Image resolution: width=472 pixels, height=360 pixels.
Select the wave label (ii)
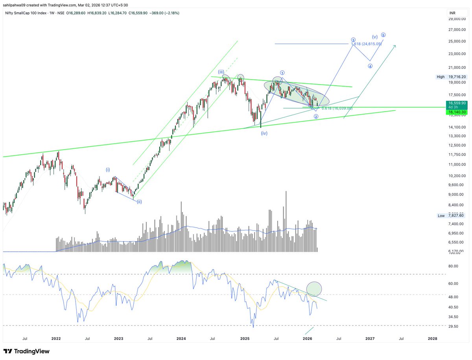pos(139,201)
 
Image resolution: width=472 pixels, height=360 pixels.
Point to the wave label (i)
pos(108,170)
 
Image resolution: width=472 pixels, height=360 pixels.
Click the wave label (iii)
pos(221,72)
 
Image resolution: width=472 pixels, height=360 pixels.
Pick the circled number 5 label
pos(383,35)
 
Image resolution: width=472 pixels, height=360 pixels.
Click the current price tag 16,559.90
pos(457,103)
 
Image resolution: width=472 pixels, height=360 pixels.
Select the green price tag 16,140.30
pos(457,112)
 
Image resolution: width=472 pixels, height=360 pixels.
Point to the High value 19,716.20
pos(457,77)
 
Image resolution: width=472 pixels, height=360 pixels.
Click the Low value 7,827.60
pos(457,216)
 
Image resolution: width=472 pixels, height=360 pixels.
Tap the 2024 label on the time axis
pos(181,338)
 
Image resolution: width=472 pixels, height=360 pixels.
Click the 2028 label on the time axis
pos(432,338)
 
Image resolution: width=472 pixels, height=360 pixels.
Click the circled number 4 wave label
pos(370,66)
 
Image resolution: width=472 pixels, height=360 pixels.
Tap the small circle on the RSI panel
pos(314,289)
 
